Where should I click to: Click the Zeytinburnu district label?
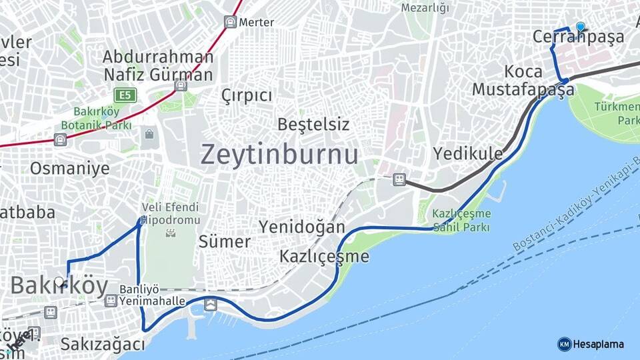tap(279, 154)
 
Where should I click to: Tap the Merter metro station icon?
tap(230, 22)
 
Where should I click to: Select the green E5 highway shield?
tap(125, 95)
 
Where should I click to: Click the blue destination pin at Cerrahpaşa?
tap(580, 27)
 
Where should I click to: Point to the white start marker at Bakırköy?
tap(60, 282)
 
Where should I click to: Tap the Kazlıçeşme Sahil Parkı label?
tap(461, 220)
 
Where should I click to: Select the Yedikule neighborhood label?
tap(468, 153)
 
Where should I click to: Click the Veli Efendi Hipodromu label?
tap(171, 213)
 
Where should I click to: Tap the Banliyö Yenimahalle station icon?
tap(111, 301)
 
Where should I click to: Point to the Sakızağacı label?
tap(102, 344)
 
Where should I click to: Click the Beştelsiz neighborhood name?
tap(313, 124)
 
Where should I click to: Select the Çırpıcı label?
tap(247, 95)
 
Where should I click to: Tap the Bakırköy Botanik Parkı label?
tap(97, 117)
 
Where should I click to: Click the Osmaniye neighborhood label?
tap(69, 168)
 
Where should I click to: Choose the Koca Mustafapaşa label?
tap(523, 80)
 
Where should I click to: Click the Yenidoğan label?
tap(302, 227)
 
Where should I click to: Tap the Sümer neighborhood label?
tap(225, 241)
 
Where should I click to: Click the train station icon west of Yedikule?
tap(399, 179)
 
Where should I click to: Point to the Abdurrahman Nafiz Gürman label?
tap(157, 65)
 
